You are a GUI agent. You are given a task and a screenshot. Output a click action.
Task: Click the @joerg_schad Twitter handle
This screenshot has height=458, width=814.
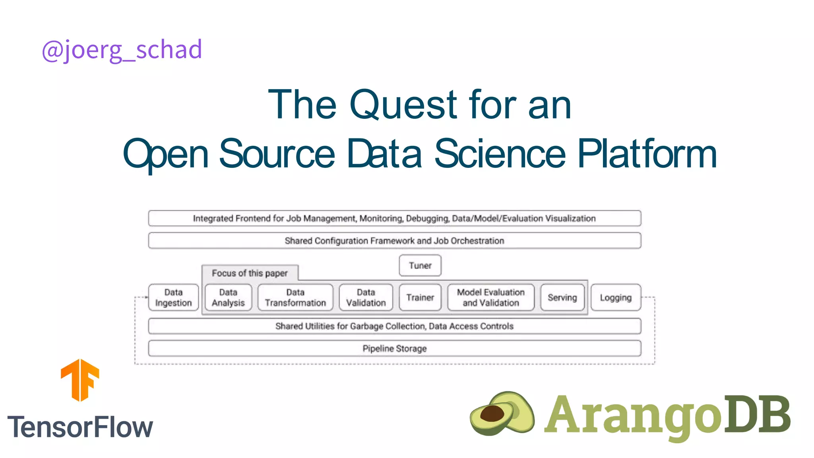tap(122, 50)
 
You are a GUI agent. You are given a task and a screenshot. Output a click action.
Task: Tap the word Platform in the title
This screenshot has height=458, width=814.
tap(647, 154)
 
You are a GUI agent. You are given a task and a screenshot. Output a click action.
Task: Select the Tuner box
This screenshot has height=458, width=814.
tap(420, 266)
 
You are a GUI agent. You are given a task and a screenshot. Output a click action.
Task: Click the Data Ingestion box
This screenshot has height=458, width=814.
tap(173, 297)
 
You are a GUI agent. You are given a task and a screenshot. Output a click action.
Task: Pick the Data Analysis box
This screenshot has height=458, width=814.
tap(228, 297)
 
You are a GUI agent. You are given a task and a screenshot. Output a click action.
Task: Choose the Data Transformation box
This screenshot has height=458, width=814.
tap(295, 297)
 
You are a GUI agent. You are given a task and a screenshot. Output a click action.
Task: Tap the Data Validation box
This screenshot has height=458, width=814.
tap(366, 297)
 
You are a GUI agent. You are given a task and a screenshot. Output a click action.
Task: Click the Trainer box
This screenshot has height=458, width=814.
tap(420, 297)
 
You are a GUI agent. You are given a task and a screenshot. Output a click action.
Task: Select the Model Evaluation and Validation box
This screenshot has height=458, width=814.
tap(490, 297)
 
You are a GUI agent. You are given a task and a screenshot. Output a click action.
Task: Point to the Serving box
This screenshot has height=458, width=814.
tap(562, 297)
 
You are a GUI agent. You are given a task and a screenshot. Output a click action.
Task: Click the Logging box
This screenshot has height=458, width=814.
tap(616, 297)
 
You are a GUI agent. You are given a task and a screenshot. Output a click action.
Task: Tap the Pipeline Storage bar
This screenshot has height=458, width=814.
tap(394, 349)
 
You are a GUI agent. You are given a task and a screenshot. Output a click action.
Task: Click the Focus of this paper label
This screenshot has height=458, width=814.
tap(250, 273)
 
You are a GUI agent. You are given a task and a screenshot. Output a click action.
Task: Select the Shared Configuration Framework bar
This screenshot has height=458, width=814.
tap(394, 241)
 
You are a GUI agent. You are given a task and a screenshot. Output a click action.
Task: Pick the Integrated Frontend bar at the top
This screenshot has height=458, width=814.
tap(394, 218)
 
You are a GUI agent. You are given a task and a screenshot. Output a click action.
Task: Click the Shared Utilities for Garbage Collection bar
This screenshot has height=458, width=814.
tap(394, 326)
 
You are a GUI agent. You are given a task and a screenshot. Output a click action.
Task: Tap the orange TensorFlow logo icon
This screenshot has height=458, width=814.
tap(80, 380)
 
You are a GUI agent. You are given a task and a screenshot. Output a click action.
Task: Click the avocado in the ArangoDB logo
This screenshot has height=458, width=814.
tap(502, 413)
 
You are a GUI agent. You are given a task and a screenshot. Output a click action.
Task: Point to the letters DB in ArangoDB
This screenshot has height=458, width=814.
tap(757, 414)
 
